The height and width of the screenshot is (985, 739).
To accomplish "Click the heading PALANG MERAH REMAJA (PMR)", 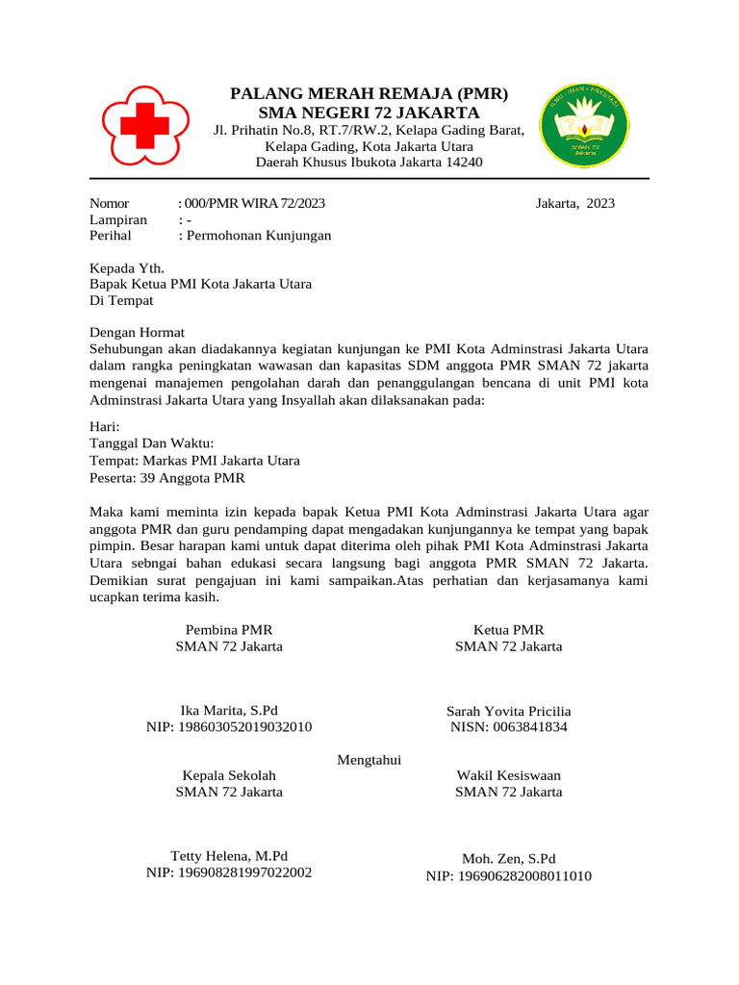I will pyautogui.click(x=369, y=93).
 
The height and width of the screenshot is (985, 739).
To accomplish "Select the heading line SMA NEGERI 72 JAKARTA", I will pyautogui.click(x=369, y=113).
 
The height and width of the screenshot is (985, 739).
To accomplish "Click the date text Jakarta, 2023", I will pyautogui.click(x=574, y=203).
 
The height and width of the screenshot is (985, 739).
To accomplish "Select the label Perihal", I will pyautogui.click(x=110, y=236).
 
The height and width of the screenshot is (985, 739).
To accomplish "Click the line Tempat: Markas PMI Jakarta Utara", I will pyautogui.click(x=194, y=461).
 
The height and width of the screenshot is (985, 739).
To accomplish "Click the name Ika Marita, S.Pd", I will pyautogui.click(x=229, y=710).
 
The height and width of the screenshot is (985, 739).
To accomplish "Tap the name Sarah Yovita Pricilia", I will pyautogui.click(x=508, y=711).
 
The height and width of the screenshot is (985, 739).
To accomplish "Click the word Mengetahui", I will pyautogui.click(x=369, y=760).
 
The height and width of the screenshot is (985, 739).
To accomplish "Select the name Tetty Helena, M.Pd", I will pyautogui.click(x=229, y=856).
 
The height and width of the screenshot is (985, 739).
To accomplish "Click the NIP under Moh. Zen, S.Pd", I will pyautogui.click(x=509, y=876).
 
